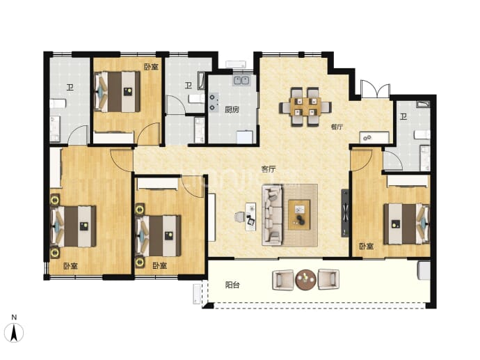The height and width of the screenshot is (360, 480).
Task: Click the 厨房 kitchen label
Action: click(232, 109)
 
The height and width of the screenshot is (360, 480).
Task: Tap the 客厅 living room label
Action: click(269, 169)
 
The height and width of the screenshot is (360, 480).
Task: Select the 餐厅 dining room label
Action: click(337, 127)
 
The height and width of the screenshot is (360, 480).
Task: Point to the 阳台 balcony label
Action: click(232, 285)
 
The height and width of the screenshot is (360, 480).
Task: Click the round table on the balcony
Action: click(305, 279)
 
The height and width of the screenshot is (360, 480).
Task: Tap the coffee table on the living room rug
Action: click(299, 214)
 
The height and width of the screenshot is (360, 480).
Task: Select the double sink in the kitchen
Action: click(241, 80)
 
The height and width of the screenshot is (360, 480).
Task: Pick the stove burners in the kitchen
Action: click(213, 102)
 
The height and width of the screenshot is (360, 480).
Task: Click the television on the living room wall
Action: click(345, 213)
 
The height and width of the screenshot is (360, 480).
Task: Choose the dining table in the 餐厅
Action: click(305, 107)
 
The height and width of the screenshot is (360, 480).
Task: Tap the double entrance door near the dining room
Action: click(376, 89)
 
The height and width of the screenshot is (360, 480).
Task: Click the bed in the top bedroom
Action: click(118, 92)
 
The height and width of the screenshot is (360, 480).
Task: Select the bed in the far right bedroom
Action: click(407, 224)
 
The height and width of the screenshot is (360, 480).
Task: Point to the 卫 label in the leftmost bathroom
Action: click(71, 88)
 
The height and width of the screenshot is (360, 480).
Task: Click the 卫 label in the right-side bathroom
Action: click(403, 116)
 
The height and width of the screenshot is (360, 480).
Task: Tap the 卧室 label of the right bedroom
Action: click(366, 246)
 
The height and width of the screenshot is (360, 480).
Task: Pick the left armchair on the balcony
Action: click(282, 279)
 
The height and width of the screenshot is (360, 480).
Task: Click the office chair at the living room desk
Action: click(240, 217)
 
